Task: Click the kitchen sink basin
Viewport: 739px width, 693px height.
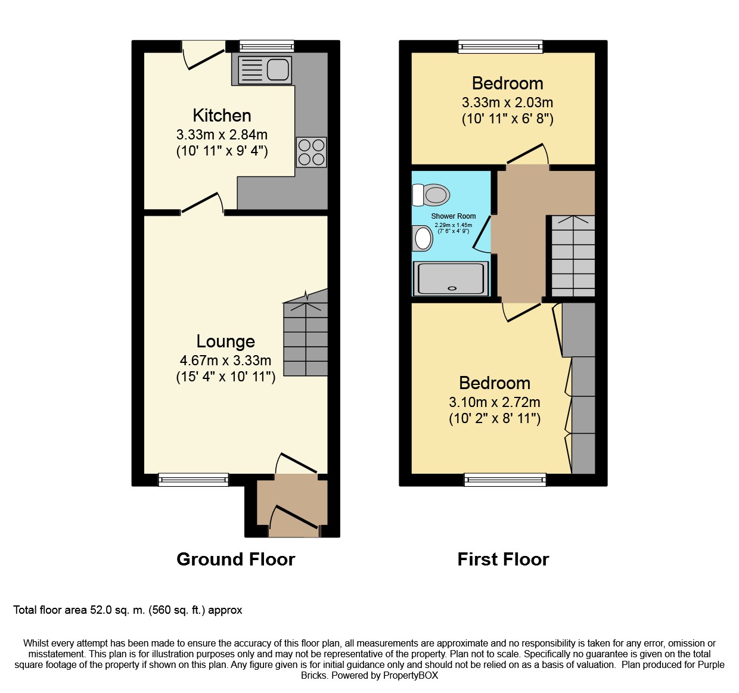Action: (x=278, y=70)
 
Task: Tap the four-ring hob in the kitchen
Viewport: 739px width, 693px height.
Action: (x=312, y=152)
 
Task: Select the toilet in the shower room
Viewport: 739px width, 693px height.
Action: (x=431, y=195)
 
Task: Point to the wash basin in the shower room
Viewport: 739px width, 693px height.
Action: (x=423, y=238)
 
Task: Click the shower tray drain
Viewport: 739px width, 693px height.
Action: (x=452, y=288)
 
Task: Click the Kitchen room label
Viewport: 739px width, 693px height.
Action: (x=222, y=116)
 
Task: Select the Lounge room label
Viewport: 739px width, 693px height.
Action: (x=225, y=341)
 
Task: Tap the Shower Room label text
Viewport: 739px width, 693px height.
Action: (x=453, y=216)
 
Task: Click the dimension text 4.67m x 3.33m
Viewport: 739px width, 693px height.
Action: (x=225, y=361)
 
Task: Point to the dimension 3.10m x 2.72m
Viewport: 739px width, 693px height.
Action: (x=495, y=402)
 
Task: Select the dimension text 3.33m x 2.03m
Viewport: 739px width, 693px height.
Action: (x=508, y=102)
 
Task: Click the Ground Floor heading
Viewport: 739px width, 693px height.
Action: (x=236, y=559)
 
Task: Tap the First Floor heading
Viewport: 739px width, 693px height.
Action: (x=503, y=559)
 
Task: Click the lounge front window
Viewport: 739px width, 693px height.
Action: (x=194, y=480)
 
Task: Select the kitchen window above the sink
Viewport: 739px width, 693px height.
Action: (x=266, y=46)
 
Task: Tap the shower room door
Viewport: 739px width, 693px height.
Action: (x=482, y=234)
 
